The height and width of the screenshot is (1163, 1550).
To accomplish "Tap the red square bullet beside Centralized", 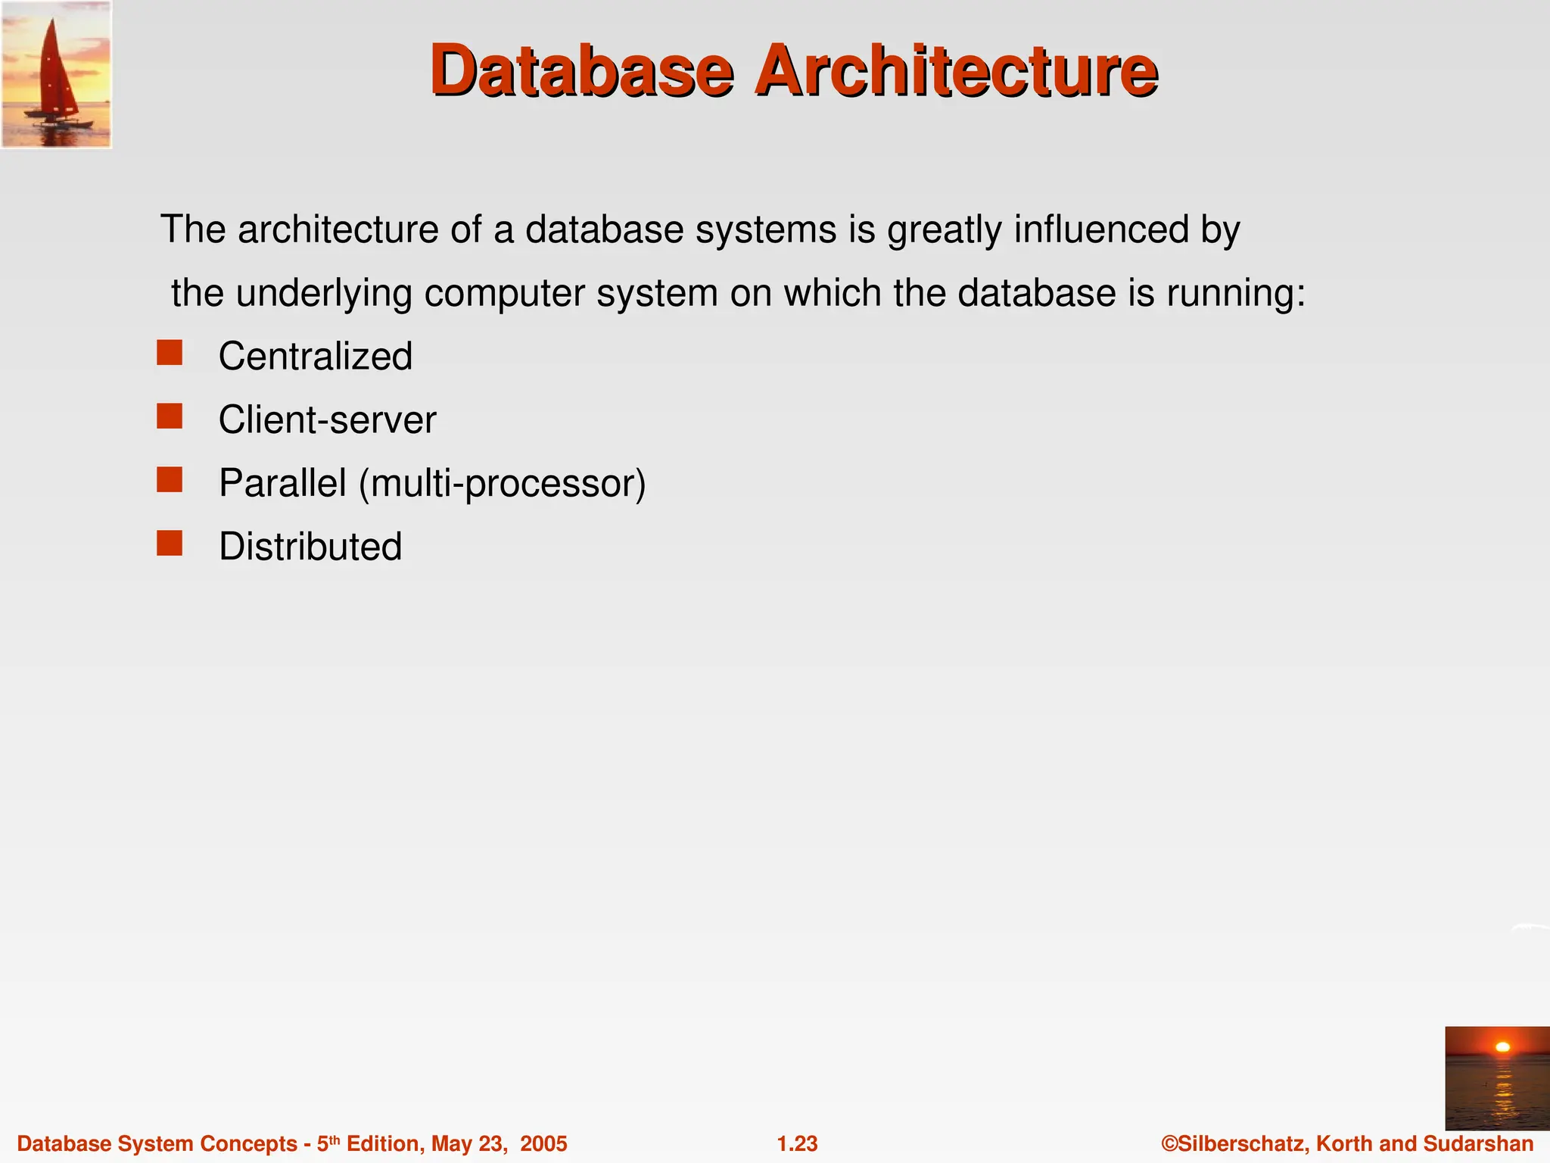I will (x=170, y=353).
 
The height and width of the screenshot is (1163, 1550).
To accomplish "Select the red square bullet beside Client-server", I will (x=170, y=416).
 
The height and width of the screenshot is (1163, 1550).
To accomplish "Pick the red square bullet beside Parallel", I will (x=170, y=480).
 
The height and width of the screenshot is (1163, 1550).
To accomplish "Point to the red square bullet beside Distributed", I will (x=170, y=543).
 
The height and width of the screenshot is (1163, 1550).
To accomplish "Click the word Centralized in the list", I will (x=315, y=356).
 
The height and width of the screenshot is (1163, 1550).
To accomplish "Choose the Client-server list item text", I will (x=327, y=419).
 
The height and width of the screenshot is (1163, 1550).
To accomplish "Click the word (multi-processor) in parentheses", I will (x=503, y=483).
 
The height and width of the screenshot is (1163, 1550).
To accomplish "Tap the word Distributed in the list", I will (x=310, y=546).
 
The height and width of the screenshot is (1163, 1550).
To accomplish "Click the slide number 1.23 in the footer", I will (x=797, y=1143).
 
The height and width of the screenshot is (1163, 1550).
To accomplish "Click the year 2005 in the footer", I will (x=543, y=1143).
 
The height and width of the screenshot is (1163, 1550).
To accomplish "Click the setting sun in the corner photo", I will (x=1502, y=1047).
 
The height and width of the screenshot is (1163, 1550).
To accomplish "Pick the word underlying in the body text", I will (x=324, y=293).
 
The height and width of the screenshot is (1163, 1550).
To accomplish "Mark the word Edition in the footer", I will (x=383, y=1143).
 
